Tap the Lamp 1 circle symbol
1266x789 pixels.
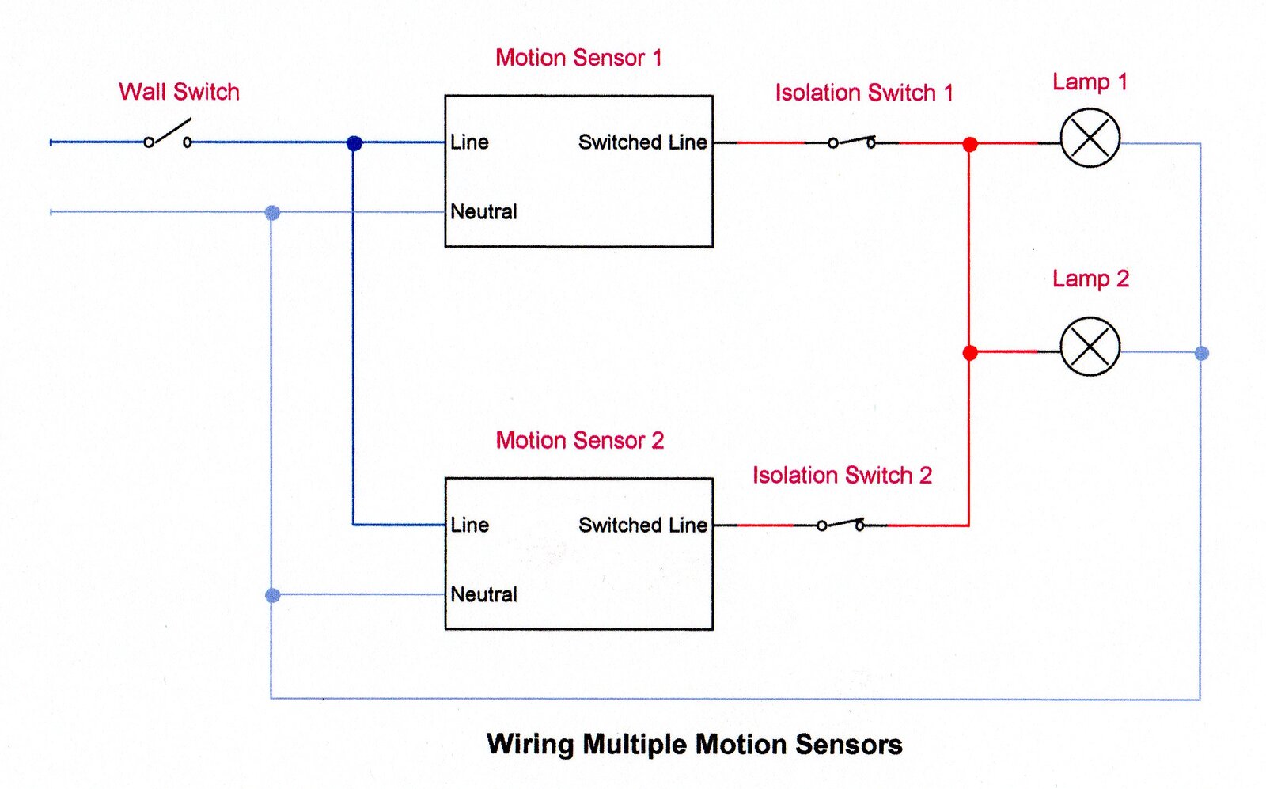pyautogui.click(x=1090, y=138)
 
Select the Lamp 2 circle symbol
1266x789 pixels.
pyautogui.click(x=1090, y=347)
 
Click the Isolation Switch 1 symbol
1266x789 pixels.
pyautogui.click(x=851, y=142)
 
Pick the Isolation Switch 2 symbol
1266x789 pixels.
pyautogui.click(x=840, y=524)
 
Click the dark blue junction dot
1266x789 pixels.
pyautogui.click(x=354, y=143)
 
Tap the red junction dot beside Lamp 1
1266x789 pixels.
pyautogui.click(x=970, y=144)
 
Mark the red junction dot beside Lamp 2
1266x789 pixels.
pyautogui.click(x=970, y=353)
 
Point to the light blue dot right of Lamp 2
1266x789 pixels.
pyautogui.click(x=1201, y=354)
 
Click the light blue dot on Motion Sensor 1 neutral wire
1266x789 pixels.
pyautogui.click(x=272, y=212)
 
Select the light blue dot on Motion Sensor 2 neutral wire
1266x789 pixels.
pyautogui.click(x=272, y=595)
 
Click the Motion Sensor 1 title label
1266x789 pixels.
pyautogui.click(x=578, y=58)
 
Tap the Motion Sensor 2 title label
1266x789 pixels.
pyautogui.click(x=579, y=440)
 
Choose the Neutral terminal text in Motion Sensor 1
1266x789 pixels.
pyautogui.click(x=483, y=212)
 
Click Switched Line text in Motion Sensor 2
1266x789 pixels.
pyautogui.click(x=642, y=525)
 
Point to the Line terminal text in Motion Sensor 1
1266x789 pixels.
pyautogui.click(x=469, y=142)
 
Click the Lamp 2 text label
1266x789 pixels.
pyautogui.click(x=1090, y=279)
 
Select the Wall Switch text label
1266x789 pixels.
pyautogui.click(x=179, y=92)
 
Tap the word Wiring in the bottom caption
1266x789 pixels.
pyautogui.click(x=530, y=745)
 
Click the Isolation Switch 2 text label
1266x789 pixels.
pyautogui.click(x=842, y=475)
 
